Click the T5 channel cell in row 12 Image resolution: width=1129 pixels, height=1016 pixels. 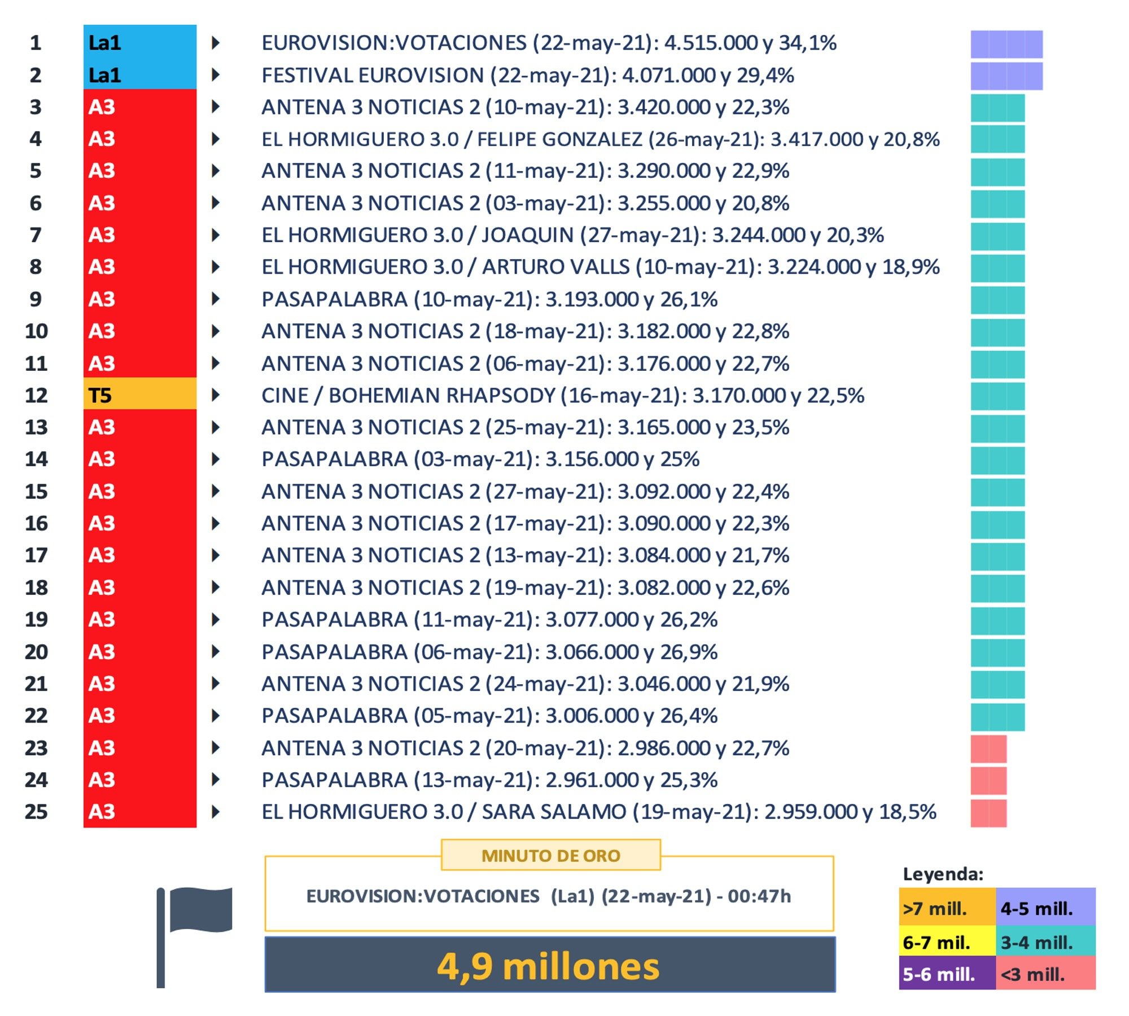tap(139, 395)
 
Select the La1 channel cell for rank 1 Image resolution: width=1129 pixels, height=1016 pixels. tap(139, 42)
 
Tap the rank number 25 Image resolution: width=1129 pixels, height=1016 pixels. tap(36, 812)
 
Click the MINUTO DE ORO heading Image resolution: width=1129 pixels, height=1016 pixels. tap(550, 856)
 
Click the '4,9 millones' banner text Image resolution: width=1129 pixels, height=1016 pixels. tap(549, 966)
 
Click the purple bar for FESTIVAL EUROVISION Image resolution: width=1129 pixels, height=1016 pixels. tap(1006, 76)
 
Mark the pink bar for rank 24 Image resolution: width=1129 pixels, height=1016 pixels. tap(988, 781)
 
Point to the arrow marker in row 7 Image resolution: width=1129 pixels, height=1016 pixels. tap(215, 235)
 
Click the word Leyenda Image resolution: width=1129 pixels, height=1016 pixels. tap(943, 874)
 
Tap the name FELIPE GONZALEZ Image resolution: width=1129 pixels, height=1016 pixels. tap(559, 139)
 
